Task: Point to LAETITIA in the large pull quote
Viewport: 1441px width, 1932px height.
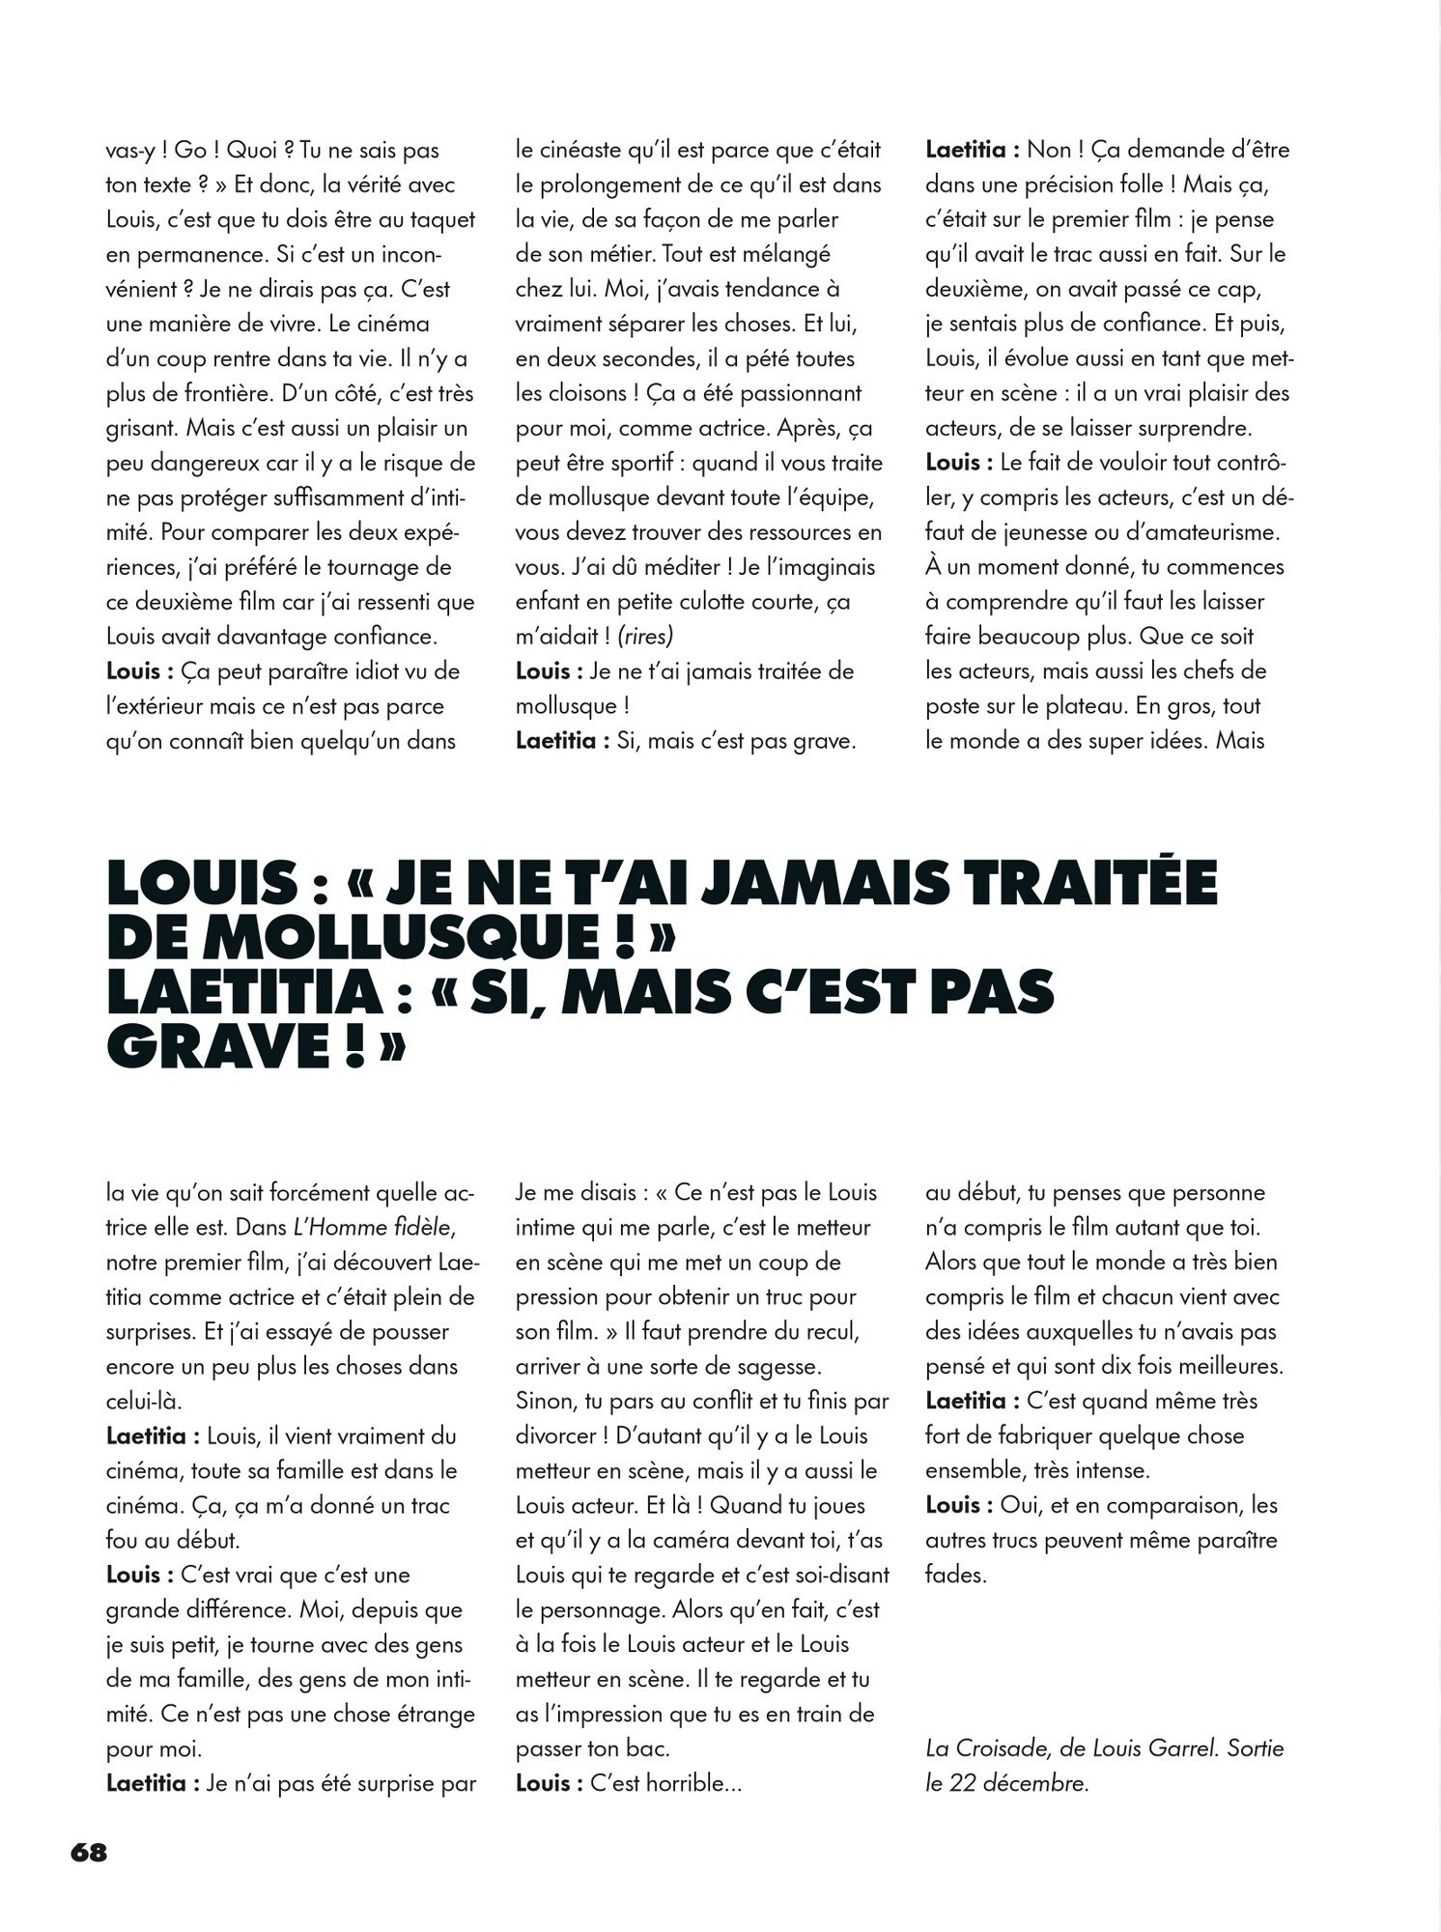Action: (x=241, y=993)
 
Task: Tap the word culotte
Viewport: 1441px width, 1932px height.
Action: (x=710, y=602)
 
